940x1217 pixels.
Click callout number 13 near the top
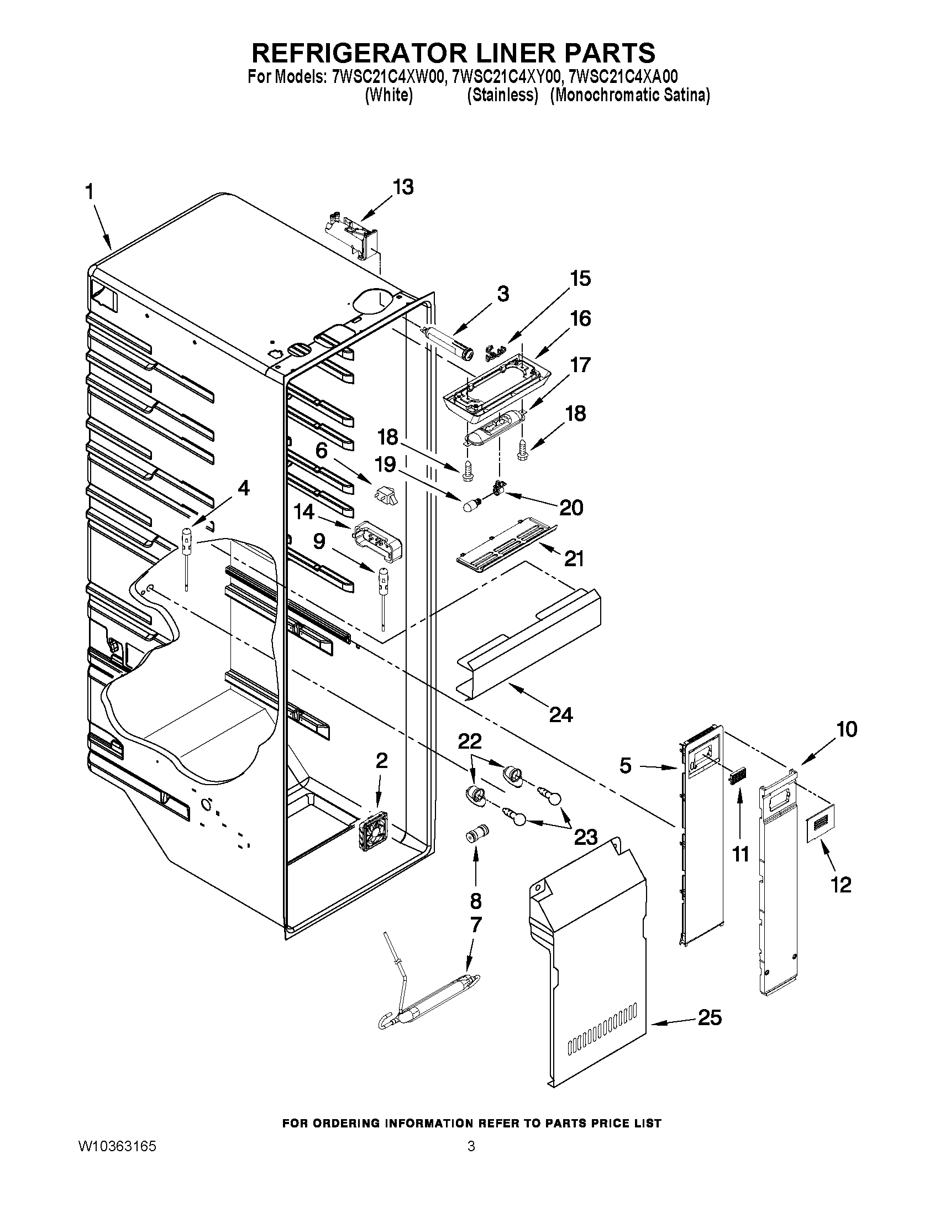click(403, 188)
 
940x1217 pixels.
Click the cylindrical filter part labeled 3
click(449, 341)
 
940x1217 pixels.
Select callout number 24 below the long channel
click(561, 714)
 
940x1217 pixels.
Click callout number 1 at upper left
click(89, 192)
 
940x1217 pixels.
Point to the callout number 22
click(469, 741)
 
